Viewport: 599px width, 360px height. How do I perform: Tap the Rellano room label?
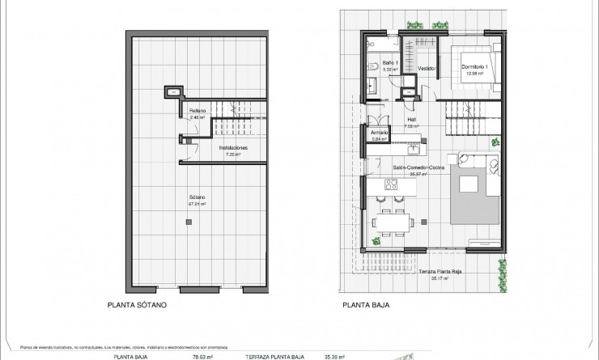198,110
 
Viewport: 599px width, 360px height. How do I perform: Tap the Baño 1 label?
389,62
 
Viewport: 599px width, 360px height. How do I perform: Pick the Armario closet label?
380,133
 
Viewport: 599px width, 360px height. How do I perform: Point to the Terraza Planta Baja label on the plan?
440,272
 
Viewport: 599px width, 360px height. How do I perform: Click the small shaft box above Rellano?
172,91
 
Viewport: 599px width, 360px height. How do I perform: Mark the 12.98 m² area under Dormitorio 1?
473,74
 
